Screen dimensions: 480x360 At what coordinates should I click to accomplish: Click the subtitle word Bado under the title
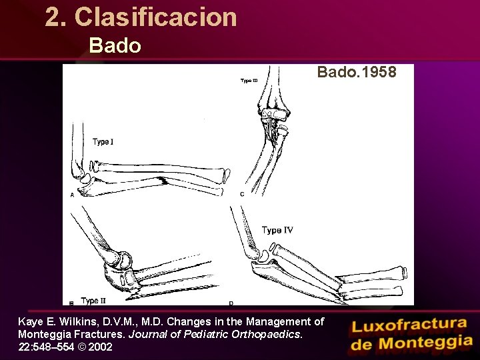click(x=115, y=46)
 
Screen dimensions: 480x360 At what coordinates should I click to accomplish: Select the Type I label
click(x=103, y=141)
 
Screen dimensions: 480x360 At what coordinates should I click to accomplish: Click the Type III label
click(x=249, y=81)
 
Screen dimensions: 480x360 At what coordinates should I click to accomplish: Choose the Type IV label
click(x=277, y=230)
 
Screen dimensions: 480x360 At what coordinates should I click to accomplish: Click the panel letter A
click(x=72, y=195)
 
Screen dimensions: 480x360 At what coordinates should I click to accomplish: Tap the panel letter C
click(x=241, y=194)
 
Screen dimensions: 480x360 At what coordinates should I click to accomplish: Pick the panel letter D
click(x=231, y=303)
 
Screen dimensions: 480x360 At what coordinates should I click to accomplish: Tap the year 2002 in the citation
click(x=99, y=347)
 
